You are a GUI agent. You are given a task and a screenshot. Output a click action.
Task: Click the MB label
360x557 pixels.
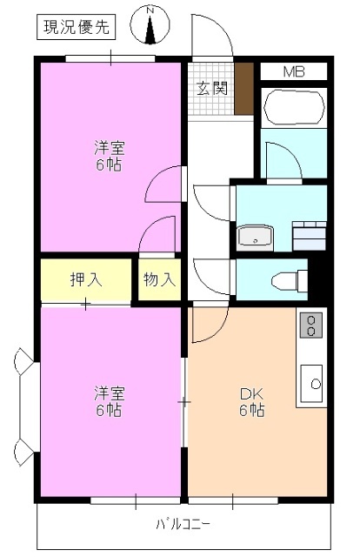click(293, 71)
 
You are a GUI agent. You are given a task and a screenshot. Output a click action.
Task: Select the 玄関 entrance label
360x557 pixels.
click(210, 87)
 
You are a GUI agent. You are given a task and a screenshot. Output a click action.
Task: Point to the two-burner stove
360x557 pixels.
click(310, 326)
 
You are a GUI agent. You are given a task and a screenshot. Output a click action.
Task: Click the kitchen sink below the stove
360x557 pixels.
click(313, 381)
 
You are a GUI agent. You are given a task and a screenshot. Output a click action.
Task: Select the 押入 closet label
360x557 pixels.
click(85, 279)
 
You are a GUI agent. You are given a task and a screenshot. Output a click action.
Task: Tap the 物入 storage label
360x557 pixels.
click(159, 279)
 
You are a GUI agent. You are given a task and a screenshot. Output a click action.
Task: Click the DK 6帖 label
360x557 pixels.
click(252, 402)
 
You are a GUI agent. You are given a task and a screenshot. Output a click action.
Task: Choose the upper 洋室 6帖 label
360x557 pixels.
click(109, 155)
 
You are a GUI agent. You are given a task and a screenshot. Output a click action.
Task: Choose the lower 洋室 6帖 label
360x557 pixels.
click(109, 402)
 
